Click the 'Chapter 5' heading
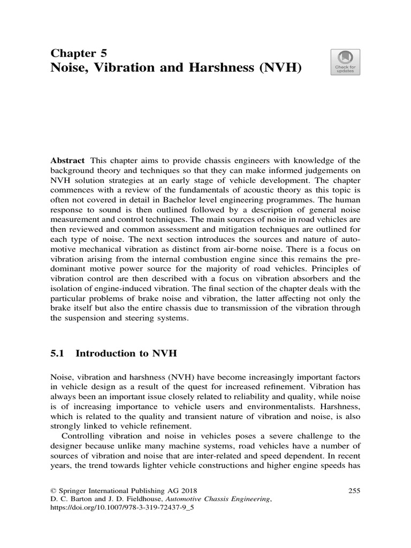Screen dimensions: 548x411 78,52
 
